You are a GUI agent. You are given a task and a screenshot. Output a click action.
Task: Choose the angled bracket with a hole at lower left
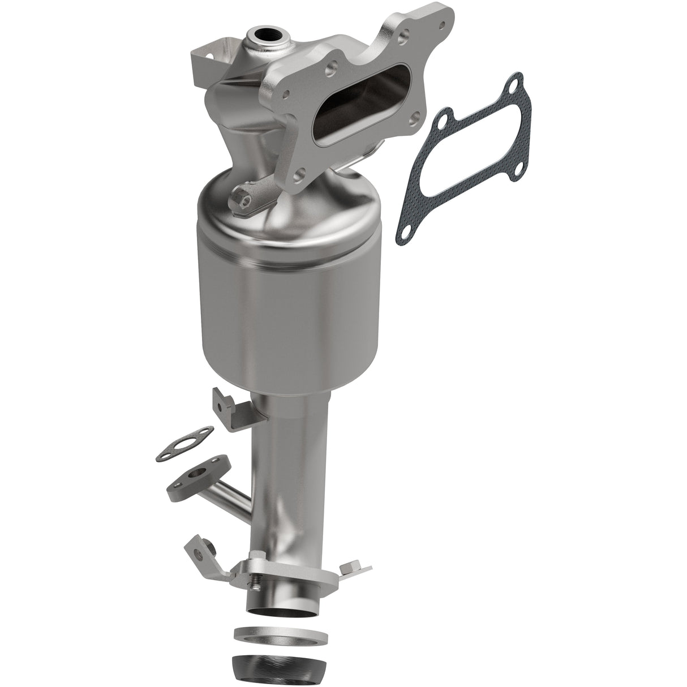click(201, 552)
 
